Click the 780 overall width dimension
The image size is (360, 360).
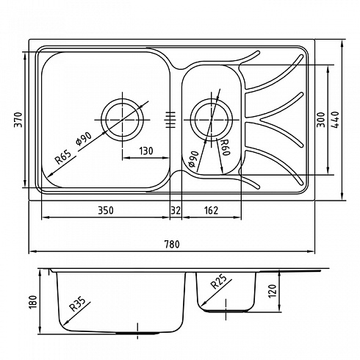point(172,244)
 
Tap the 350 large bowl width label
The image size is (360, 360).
point(106,210)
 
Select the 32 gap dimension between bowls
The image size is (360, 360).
point(176,210)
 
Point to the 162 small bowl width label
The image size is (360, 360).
point(211,210)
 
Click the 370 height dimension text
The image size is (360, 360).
point(18,120)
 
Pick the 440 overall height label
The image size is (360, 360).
point(335,120)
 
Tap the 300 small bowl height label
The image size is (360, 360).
point(321,120)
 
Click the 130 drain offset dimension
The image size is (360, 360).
point(146,151)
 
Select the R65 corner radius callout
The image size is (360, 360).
point(63,156)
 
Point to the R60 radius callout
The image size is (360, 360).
point(225,148)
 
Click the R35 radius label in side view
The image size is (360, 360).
point(77,304)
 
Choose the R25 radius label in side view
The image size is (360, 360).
point(219,281)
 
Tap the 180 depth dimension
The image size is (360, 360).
point(32,302)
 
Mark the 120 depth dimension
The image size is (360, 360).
point(273,291)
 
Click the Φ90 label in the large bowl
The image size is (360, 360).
point(84,139)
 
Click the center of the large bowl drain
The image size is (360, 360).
point(122,120)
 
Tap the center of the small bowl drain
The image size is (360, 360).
point(211,120)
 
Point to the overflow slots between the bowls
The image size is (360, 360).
point(170,120)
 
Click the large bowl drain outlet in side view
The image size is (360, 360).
point(137,334)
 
